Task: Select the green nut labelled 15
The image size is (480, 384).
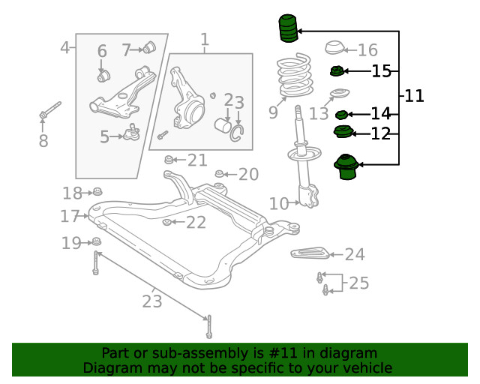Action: coord(337,72)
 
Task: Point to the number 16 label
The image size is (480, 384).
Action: coord(367,50)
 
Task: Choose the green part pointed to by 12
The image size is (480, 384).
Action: coord(342,133)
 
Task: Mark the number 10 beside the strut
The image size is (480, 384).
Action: coord(278,203)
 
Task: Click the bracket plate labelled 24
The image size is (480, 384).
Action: coord(310,253)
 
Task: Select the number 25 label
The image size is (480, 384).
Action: coord(358,283)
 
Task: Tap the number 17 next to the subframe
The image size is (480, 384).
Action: coord(70,217)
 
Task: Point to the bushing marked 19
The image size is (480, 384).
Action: coord(96,241)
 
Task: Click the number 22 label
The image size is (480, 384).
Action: coord(196,222)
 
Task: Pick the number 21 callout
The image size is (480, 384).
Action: coord(197,160)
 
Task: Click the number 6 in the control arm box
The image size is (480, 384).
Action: coord(102,51)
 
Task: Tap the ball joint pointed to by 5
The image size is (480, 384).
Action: coord(133,133)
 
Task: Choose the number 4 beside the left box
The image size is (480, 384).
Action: coord(65,48)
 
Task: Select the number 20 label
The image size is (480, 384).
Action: coord(248,175)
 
